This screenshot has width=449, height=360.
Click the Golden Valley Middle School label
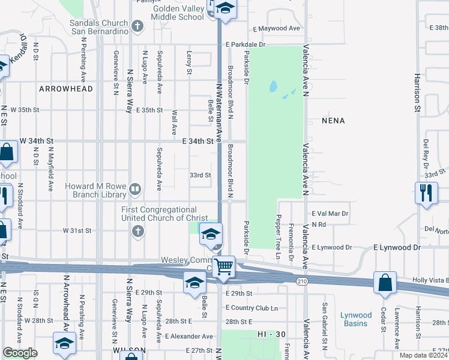[178, 13]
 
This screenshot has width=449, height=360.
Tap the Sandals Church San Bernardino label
[99, 26]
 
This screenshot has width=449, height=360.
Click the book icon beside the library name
[136, 190]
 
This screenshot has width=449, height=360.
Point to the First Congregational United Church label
[164, 213]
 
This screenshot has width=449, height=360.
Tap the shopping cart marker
[224, 266]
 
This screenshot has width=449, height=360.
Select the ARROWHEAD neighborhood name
[66, 89]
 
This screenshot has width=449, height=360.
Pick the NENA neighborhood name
[333, 121]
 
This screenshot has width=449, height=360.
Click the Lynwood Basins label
[357, 319]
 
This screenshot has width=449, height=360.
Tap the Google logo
[20, 353]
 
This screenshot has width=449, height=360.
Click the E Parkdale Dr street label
[245, 44]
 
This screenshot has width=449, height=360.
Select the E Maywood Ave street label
[276, 28]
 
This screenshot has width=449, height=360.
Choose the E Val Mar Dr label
[330, 213]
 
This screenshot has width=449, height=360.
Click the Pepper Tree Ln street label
[279, 229]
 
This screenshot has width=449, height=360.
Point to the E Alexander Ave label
[189, 337]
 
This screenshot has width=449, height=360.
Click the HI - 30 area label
[269, 334]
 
